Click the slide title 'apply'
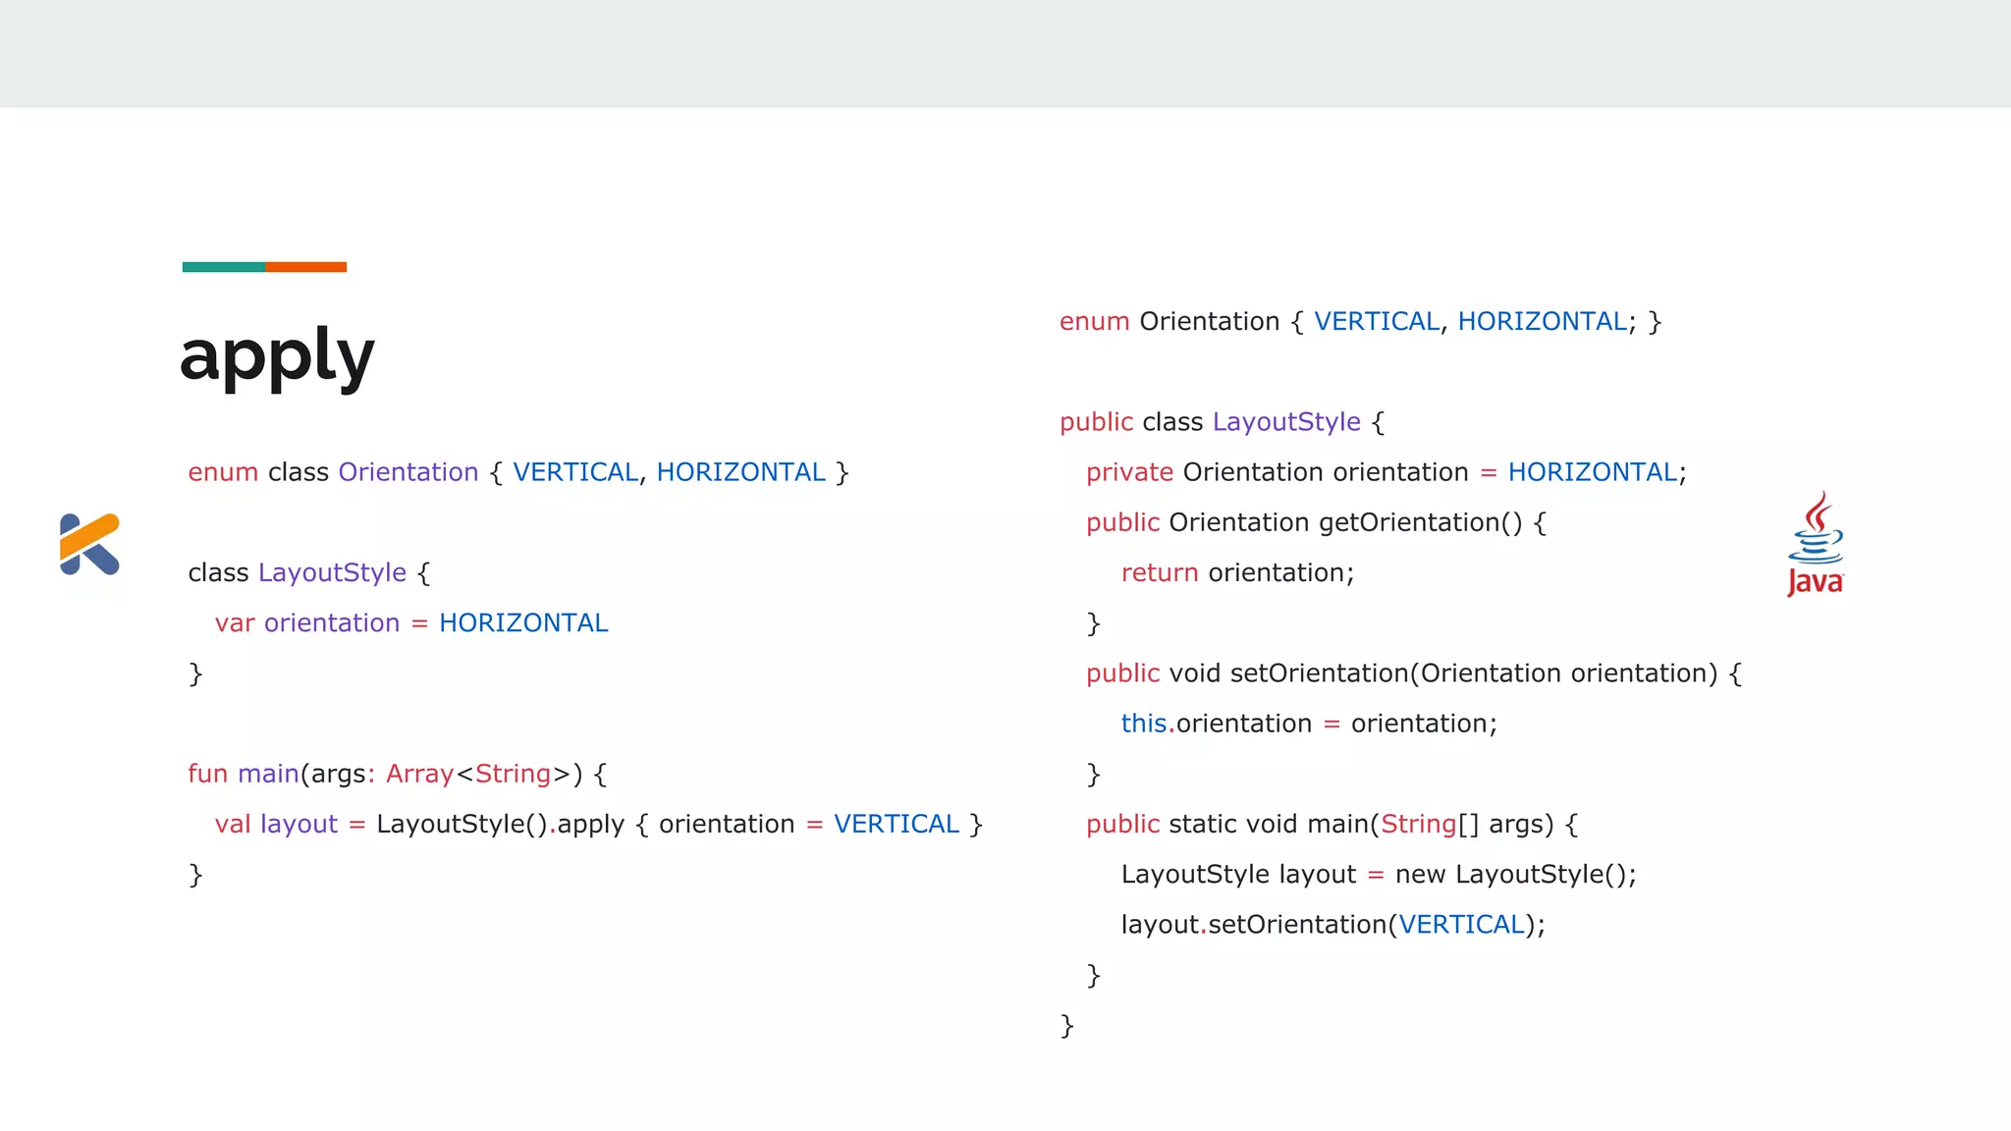[x=277, y=356]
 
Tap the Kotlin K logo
[x=89, y=544]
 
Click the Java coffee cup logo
[x=1816, y=544]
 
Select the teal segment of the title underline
[x=223, y=267]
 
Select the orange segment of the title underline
[x=305, y=267]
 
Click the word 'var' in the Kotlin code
[x=235, y=623]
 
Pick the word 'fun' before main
[x=207, y=774]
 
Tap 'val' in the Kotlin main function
[x=233, y=825]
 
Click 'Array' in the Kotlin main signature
[x=419, y=774]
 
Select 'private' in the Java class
[x=1129, y=472]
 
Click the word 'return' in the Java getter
[x=1159, y=573]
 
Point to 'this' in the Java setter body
[x=1143, y=724]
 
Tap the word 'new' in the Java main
[x=1420, y=875]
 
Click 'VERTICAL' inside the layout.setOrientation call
[x=1461, y=925]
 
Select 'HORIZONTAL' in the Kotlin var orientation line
[x=523, y=623]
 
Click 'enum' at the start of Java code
[x=1094, y=322]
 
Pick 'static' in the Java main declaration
[x=1203, y=825]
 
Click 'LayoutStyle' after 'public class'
[x=1286, y=422]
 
